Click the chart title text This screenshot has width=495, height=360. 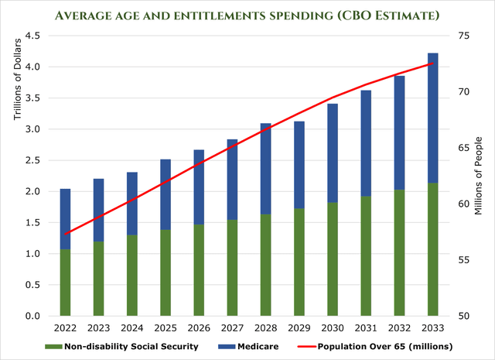point(247,13)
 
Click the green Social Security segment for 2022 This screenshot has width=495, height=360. point(66,283)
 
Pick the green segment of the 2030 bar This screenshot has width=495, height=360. point(333,259)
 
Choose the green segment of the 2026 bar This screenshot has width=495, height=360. point(200,270)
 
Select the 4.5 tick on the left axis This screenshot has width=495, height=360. point(32,36)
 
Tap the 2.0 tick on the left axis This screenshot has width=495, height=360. point(32,191)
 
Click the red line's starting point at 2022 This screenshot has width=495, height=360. point(66,234)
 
